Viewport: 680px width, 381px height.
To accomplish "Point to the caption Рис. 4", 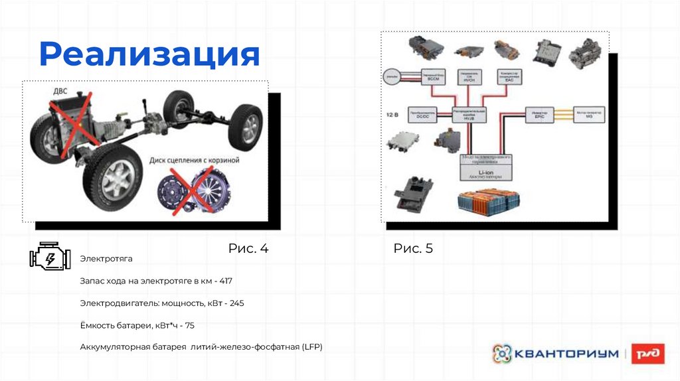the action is pos(248,248).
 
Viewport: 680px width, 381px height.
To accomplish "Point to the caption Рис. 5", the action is pos(413,248).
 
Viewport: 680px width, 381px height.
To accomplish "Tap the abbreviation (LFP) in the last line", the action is pos(311,347).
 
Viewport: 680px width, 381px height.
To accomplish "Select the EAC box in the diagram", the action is pos(509,77).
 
